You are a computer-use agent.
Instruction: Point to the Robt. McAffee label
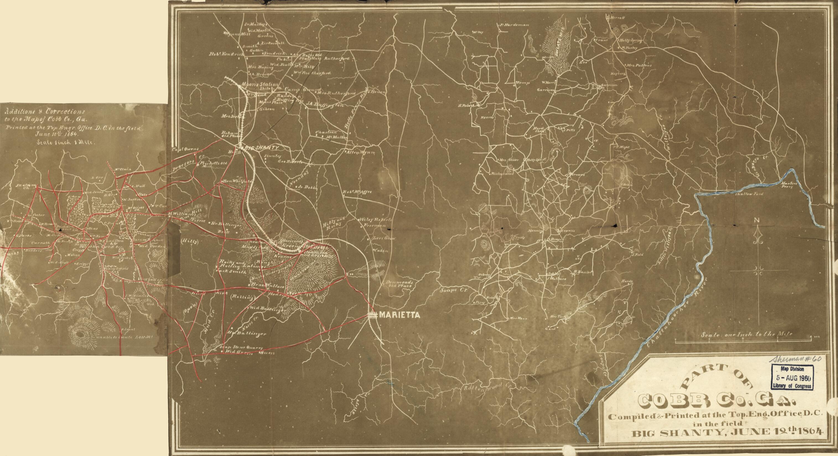[357, 192]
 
